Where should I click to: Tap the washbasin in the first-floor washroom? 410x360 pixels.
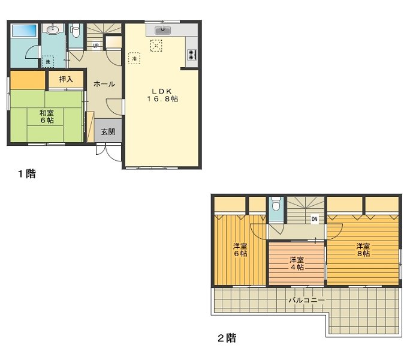point(53,29)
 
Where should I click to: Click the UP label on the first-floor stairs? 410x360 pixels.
point(96,46)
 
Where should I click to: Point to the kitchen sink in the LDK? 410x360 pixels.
point(162,30)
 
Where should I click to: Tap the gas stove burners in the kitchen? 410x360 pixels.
point(192,55)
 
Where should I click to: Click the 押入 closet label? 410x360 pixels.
point(66,79)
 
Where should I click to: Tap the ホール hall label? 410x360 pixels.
point(104,85)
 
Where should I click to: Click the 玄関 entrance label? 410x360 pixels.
point(108,132)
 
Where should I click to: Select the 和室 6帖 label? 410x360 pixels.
point(47,116)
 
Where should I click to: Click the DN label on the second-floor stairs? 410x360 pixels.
point(314,219)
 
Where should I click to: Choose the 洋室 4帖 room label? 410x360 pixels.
point(297,263)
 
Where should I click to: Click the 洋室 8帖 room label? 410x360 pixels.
point(363,250)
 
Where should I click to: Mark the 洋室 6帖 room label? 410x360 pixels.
point(240,250)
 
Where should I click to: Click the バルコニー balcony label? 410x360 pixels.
point(306,299)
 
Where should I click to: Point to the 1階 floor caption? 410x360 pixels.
point(26,175)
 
